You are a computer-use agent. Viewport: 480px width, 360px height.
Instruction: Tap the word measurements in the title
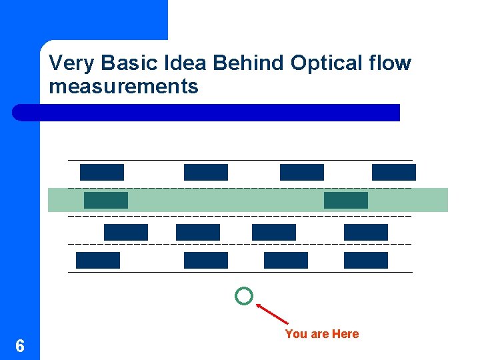[x=123, y=87]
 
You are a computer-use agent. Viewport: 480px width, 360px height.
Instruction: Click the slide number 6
[x=20, y=346]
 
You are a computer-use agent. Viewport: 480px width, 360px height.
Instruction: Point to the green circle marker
[x=244, y=296]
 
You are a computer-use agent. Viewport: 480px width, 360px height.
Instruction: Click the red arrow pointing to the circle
[x=273, y=313]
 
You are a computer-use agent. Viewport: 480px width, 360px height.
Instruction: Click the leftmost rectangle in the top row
[x=102, y=172]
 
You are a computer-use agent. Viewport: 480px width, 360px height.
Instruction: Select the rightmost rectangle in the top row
[x=393, y=172]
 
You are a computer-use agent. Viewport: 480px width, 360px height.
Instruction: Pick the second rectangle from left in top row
[x=205, y=172]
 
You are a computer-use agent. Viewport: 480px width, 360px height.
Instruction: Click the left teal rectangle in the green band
[x=105, y=200]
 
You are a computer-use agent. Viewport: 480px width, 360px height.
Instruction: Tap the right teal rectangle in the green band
[x=345, y=200]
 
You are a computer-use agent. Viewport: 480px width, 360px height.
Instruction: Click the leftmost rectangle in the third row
[x=125, y=232]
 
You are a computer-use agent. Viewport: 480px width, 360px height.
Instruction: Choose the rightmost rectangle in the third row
[x=365, y=232]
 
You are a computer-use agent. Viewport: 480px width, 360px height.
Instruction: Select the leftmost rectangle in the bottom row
[x=97, y=260]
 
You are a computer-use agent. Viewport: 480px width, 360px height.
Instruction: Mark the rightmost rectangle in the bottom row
[x=365, y=260]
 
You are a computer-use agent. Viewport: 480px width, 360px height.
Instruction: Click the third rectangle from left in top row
[x=301, y=172]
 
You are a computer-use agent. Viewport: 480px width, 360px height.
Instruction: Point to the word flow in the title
[x=389, y=63]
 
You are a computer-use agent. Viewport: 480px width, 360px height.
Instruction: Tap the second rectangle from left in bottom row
[x=205, y=260]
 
